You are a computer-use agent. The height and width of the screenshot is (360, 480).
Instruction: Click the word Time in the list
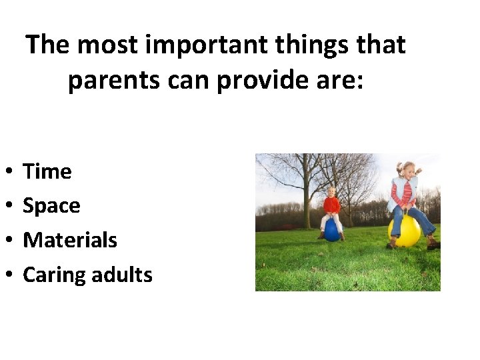47,172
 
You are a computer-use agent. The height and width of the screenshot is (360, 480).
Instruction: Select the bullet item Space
51,206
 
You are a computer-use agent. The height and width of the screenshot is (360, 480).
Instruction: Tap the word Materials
70,240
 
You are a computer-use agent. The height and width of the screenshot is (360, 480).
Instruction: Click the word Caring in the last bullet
53,275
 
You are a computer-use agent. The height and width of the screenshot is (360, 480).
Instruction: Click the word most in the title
103,45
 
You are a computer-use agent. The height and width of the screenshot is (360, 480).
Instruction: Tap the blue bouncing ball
332,230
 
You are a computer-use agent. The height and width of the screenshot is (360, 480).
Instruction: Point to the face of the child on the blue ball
331,193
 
